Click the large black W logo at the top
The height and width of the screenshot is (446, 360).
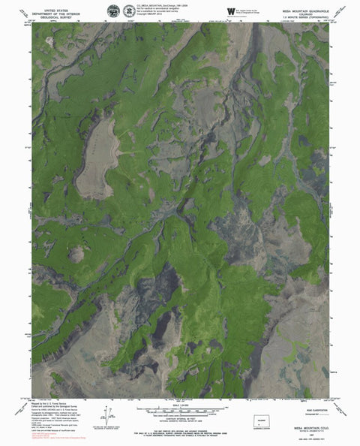[x=230, y=11]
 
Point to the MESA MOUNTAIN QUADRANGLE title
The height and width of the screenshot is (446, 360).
[x=298, y=5]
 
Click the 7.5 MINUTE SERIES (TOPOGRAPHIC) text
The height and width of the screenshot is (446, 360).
[x=298, y=15]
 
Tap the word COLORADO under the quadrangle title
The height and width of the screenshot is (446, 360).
[x=298, y=10]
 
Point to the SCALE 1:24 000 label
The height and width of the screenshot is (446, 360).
[x=179, y=405]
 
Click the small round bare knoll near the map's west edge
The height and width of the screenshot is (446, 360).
[x=76, y=254]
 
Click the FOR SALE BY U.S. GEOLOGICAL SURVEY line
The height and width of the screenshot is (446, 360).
[x=179, y=427]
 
